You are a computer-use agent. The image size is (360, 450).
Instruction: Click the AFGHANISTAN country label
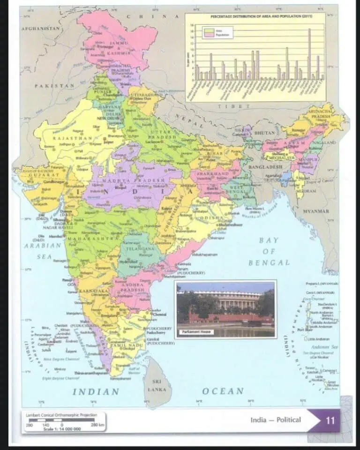41,29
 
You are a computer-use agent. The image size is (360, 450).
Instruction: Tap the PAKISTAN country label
54,86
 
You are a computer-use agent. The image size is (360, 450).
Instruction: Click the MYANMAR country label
315,211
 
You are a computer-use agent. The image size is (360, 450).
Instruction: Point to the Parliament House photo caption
195,332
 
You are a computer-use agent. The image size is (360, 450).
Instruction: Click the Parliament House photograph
225,307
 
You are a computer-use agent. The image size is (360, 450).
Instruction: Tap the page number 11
330,420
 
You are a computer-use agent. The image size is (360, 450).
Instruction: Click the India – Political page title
276,420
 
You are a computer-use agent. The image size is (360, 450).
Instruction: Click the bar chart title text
255,17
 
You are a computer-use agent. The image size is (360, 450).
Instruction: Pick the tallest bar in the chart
309,53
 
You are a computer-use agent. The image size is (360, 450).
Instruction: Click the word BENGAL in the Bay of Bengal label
269,263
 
